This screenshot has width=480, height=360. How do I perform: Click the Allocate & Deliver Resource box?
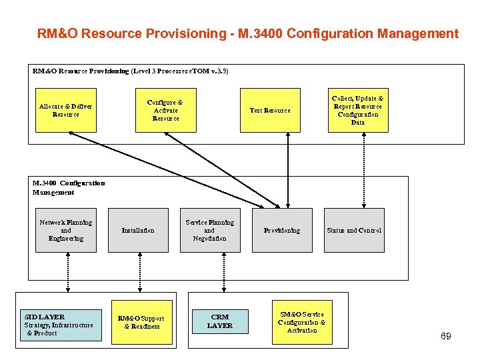pyautogui.click(x=65, y=110)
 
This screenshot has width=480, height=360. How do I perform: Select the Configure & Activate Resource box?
pyautogui.click(x=165, y=110)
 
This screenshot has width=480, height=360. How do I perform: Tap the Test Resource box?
pyautogui.click(x=270, y=110)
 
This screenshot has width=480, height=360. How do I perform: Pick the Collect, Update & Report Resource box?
pyautogui.click(x=358, y=110)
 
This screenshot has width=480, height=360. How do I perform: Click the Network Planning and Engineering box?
pyautogui.click(x=65, y=231)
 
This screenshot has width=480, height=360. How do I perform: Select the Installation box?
pyautogui.click(x=138, y=231)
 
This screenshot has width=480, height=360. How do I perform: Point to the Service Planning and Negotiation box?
pyautogui.click(x=209, y=231)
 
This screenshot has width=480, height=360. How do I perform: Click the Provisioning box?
pyautogui.click(x=281, y=231)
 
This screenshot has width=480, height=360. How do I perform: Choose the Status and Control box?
pyautogui.click(x=354, y=231)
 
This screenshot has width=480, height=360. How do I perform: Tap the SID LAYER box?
pyautogui.click(x=59, y=324)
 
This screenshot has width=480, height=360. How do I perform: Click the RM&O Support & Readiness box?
pyautogui.click(x=141, y=323)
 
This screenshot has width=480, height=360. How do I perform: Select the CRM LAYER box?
pyautogui.click(x=219, y=321)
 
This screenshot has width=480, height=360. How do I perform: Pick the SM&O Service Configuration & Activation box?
pyautogui.click(x=302, y=322)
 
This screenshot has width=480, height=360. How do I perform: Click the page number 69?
pyautogui.click(x=445, y=336)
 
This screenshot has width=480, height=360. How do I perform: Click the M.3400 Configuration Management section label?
pyautogui.click(x=68, y=187)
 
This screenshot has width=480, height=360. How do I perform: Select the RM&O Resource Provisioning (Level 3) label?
pyautogui.click(x=130, y=70)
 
